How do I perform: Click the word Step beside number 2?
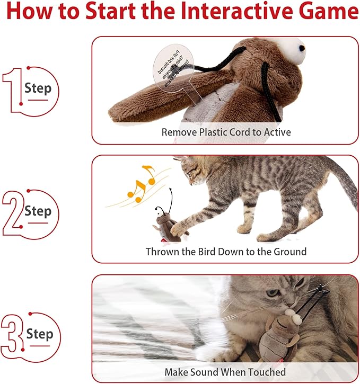click(x=38, y=211)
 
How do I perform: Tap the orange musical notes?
click(x=139, y=183)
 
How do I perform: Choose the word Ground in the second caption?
click(x=291, y=252)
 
